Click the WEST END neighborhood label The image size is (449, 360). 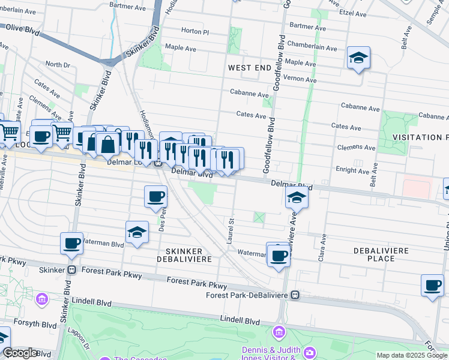(250, 68)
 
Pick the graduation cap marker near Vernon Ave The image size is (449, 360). (358, 58)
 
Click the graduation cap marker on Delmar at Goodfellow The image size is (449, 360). (297, 197)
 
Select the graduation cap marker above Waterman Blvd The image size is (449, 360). (137, 232)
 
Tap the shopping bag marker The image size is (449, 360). (107, 145)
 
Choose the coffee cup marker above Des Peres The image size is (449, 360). (155, 197)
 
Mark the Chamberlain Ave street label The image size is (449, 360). (309, 44)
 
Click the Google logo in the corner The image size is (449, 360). (20, 353)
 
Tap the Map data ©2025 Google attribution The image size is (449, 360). (412, 355)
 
